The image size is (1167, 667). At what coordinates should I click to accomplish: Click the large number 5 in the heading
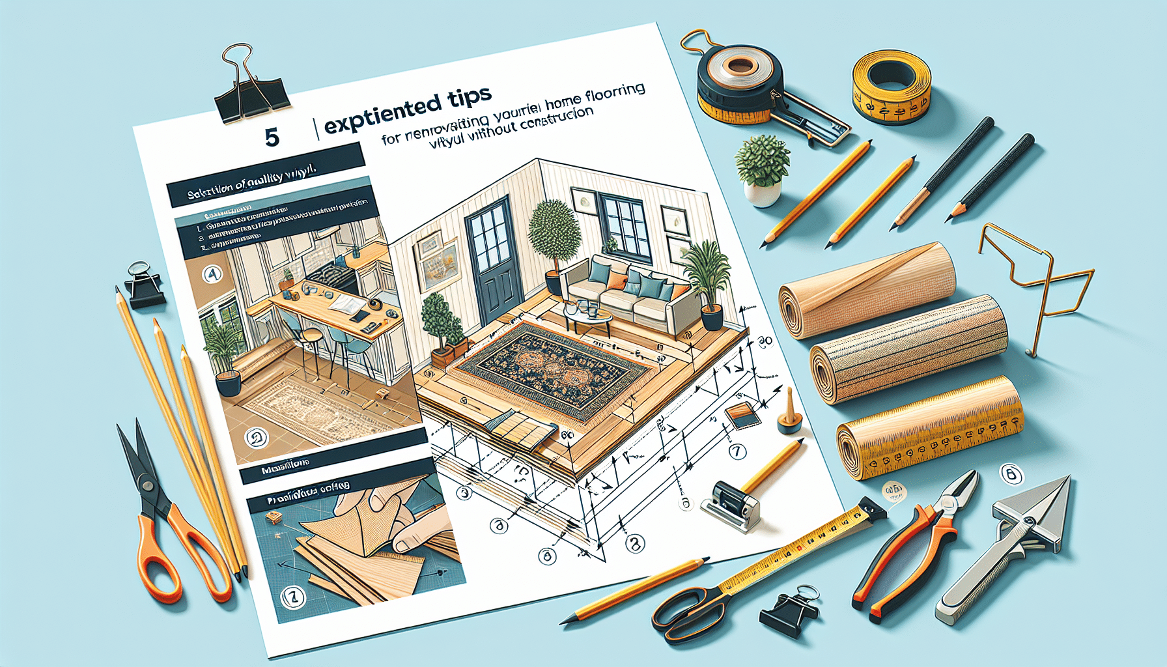click(272, 137)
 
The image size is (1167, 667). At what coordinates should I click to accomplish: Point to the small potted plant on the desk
click(763, 171)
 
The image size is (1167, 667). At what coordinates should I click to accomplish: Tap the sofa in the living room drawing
click(625, 293)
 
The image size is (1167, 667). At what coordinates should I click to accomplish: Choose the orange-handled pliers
click(912, 541)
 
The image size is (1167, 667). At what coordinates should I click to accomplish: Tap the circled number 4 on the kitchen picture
click(213, 274)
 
